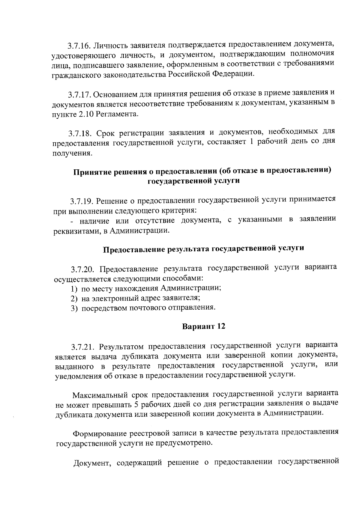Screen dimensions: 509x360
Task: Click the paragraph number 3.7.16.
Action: (x=79, y=46)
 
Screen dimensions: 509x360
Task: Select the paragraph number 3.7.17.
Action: (x=79, y=95)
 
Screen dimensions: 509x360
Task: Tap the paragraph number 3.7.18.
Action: (x=80, y=133)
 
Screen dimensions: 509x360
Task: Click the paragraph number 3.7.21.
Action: (x=83, y=347)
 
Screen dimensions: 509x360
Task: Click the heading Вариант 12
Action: (x=204, y=326)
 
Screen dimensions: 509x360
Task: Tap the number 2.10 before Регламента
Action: (x=87, y=114)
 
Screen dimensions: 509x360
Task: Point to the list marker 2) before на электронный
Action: (x=74, y=298)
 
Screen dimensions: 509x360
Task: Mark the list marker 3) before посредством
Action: (x=75, y=308)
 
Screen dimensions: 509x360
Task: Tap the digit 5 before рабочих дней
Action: (x=136, y=404)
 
